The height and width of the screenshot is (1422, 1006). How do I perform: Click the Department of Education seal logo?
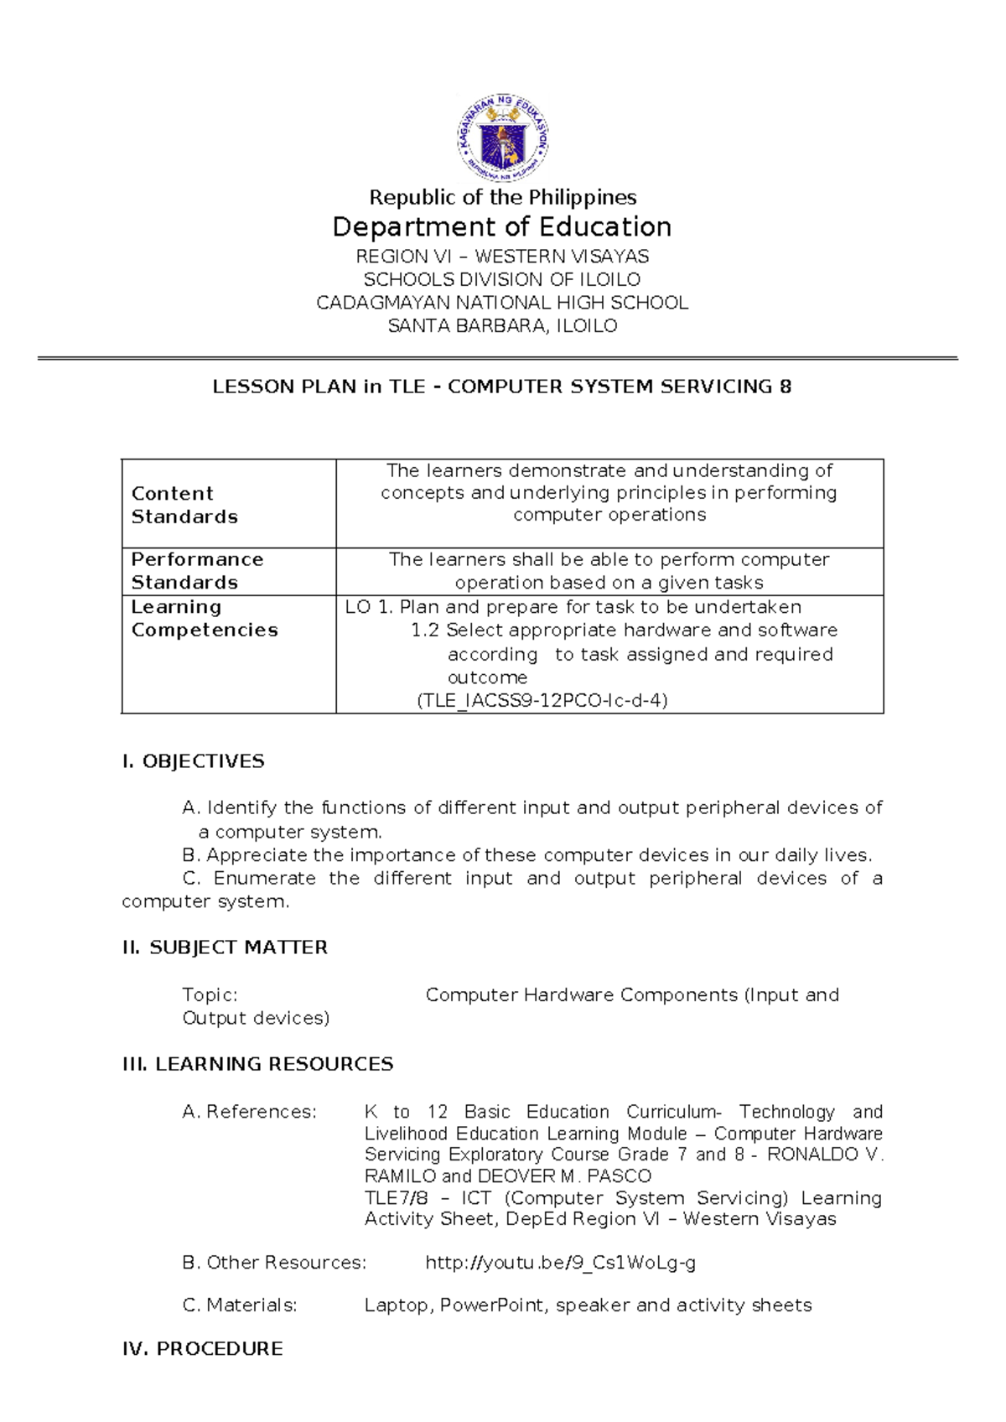tap(502, 137)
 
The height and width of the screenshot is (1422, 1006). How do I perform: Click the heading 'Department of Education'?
tap(502, 227)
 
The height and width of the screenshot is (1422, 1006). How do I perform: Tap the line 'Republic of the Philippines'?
tap(502, 198)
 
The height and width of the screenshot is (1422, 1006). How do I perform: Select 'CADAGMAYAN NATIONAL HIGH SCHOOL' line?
tap(502, 303)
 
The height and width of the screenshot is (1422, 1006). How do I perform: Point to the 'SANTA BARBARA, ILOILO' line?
tap(502, 326)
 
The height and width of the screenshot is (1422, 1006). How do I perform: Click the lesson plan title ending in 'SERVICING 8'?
tap(502, 387)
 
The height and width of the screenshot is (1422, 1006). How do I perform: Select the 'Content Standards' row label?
tap(184, 505)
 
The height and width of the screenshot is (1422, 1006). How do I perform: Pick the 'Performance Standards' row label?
tap(197, 571)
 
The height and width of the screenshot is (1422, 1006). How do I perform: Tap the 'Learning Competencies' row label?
tap(204, 618)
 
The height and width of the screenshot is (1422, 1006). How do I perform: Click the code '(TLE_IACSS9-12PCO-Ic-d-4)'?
tap(542, 701)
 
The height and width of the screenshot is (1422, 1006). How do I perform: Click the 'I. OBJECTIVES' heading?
tap(193, 761)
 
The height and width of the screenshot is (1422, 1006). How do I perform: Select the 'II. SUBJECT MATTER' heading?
tap(225, 947)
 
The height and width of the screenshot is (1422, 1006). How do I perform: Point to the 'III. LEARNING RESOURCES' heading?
tap(257, 1064)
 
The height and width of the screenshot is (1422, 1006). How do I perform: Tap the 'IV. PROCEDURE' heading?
tap(202, 1348)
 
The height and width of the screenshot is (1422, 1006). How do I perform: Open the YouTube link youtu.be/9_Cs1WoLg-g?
tap(560, 1263)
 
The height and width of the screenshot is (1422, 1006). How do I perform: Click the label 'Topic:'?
tap(210, 995)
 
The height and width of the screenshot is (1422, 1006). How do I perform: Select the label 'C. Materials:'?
tap(239, 1305)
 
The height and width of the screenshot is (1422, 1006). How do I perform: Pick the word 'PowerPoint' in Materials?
tap(492, 1305)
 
